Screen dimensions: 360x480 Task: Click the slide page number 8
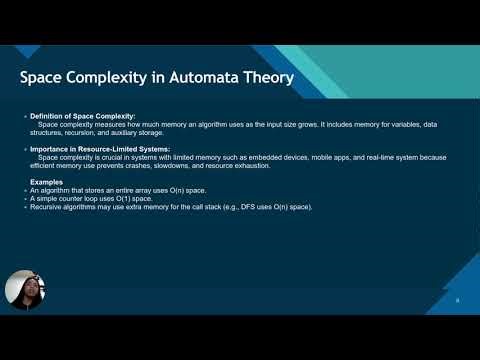pos(456,300)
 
